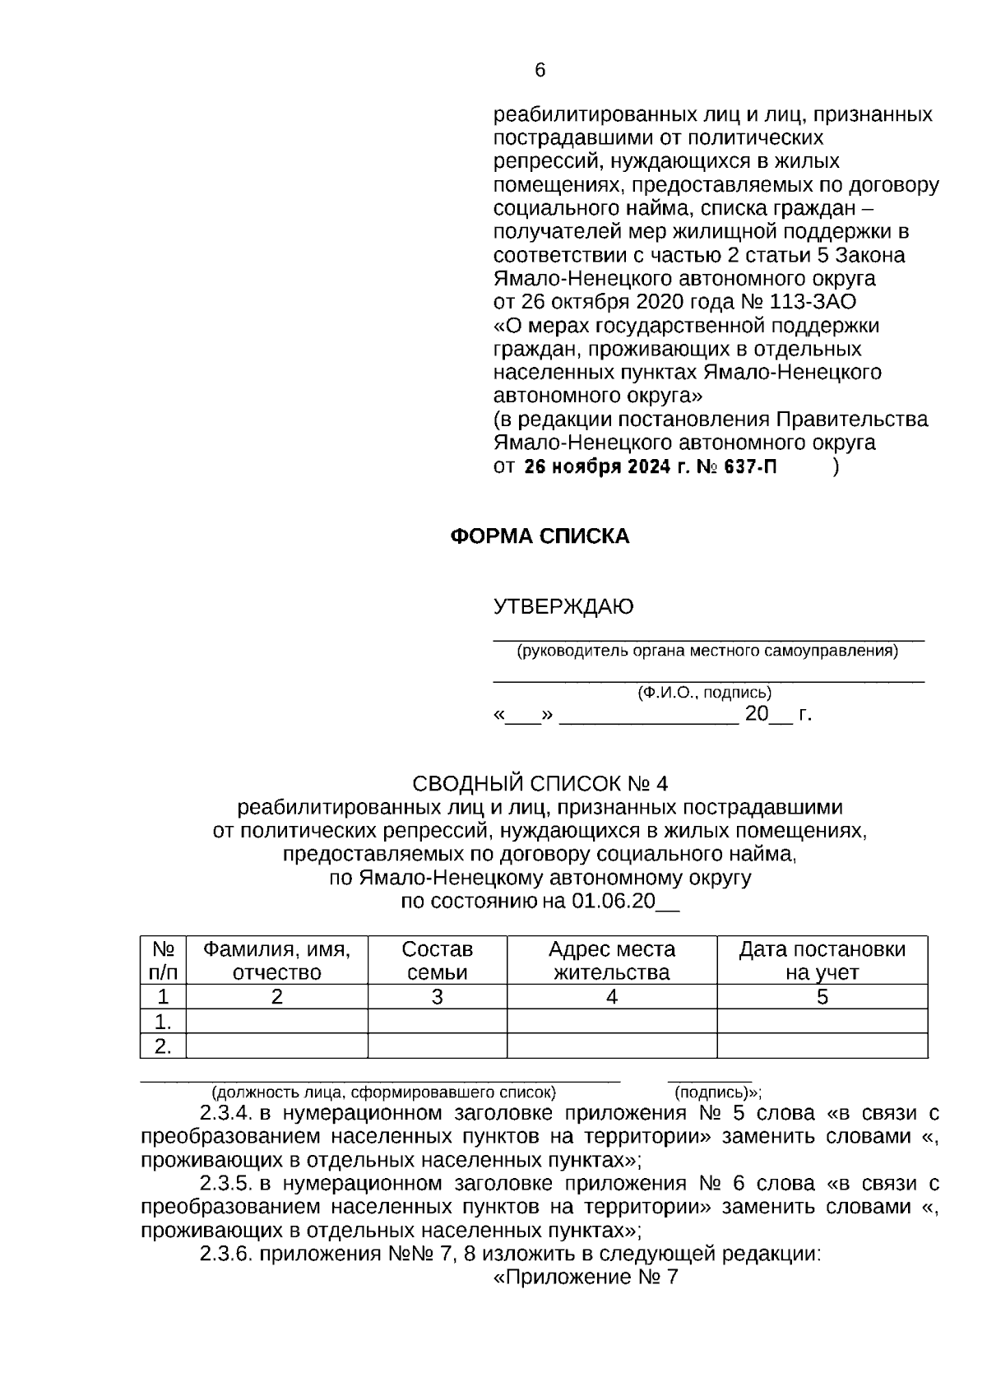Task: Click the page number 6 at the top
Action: click(540, 71)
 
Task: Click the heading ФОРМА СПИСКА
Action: click(540, 536)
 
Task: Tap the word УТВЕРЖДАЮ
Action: click(563, 607)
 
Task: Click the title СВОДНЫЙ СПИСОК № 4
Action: click(540, 782)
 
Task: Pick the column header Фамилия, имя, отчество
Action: click(277, 960)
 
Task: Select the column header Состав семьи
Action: click(437, 960)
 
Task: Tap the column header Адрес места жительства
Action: click(611, 960)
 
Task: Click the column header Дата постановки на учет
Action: click(822, 960)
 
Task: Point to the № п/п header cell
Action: click(164, 960)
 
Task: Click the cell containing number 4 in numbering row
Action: click(611, 997)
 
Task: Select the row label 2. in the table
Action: click(164, 1046)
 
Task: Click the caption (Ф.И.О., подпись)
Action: click(705, 693)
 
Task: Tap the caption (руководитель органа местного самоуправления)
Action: click(707, 652)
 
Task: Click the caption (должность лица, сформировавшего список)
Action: click(383, 1093)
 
